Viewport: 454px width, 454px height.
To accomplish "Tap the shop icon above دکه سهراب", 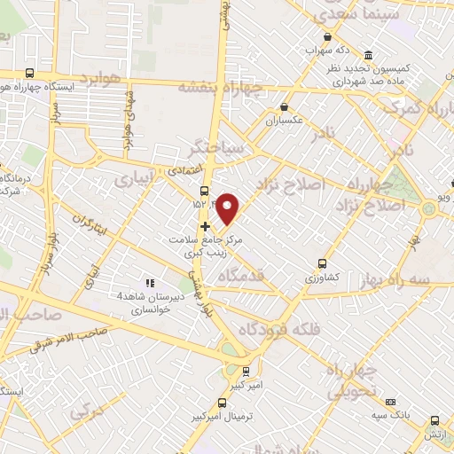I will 328,36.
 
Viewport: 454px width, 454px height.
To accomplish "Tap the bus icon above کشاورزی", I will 321,262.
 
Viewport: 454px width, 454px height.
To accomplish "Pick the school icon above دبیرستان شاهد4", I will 149,283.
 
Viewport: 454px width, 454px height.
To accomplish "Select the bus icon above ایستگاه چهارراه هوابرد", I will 30,74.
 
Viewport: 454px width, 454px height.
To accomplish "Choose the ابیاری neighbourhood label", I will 133,180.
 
